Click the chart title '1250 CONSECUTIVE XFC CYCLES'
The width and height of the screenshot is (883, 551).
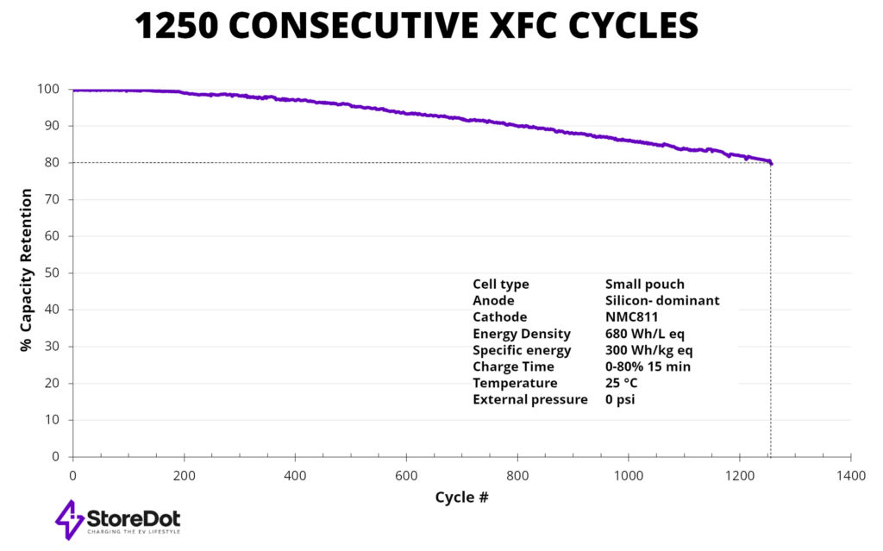coord(416,28)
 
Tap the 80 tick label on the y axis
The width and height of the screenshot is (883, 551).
coord(53,162)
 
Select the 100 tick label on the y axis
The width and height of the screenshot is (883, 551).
coord(49,89)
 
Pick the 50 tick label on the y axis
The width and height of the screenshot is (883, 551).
coord(53,272)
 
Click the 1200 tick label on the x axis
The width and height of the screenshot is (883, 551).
coord(739,475)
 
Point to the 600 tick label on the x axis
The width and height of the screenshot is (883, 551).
coord(406,475)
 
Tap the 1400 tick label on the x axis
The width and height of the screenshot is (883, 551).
coord(850,475)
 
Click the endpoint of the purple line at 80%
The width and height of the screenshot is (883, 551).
coord(770,163)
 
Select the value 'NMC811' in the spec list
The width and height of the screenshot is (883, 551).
coord(633,317)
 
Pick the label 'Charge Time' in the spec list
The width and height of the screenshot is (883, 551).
coord(513,366)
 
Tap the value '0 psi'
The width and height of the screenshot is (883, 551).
coord(620,399)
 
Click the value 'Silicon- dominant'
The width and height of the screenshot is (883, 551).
coord(662,301)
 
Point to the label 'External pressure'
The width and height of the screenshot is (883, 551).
coord(529,399)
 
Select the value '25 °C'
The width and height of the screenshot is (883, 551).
coord(625,383)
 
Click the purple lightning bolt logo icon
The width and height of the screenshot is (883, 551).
coord(69,519)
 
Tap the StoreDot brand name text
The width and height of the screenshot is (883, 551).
coord(133,518)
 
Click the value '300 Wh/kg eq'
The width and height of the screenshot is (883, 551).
coord(649,350)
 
